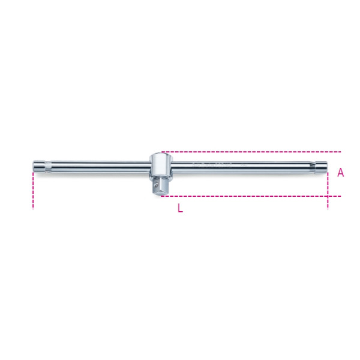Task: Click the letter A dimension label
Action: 340,173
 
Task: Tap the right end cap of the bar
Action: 321,166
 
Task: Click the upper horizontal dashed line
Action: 252,152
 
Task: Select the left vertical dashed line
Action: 33,189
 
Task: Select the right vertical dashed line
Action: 328,189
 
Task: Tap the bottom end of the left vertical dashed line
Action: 33,208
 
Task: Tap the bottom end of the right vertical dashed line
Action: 328,208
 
